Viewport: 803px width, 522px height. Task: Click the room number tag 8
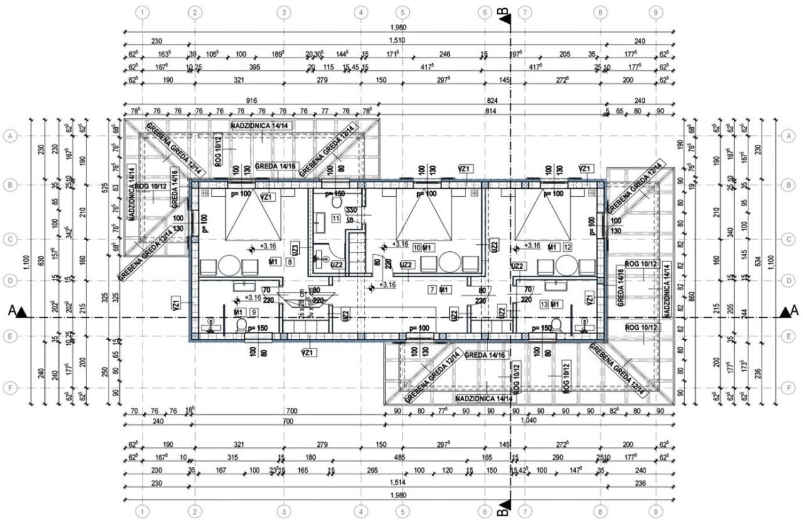290,261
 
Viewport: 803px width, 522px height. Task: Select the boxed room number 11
336,218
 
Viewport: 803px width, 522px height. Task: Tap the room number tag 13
544,304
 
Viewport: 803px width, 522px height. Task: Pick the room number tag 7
431,289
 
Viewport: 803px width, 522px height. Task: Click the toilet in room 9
240,325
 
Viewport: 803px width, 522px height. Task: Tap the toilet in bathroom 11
336,203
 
